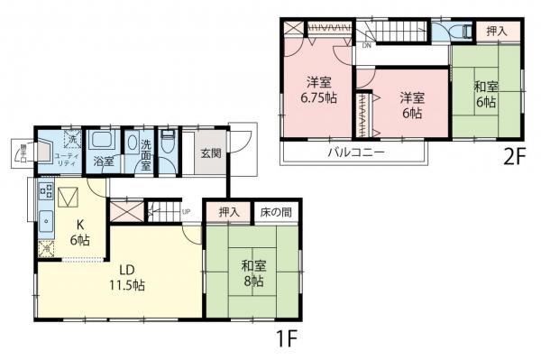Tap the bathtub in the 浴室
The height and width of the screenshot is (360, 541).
102,143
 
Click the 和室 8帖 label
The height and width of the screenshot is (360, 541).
252,273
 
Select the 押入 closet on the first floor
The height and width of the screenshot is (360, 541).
229,212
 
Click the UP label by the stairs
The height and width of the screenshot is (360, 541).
186,213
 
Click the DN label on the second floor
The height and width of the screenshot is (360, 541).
367,45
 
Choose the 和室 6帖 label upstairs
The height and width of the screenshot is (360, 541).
487,95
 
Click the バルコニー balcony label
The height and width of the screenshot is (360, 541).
355,153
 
